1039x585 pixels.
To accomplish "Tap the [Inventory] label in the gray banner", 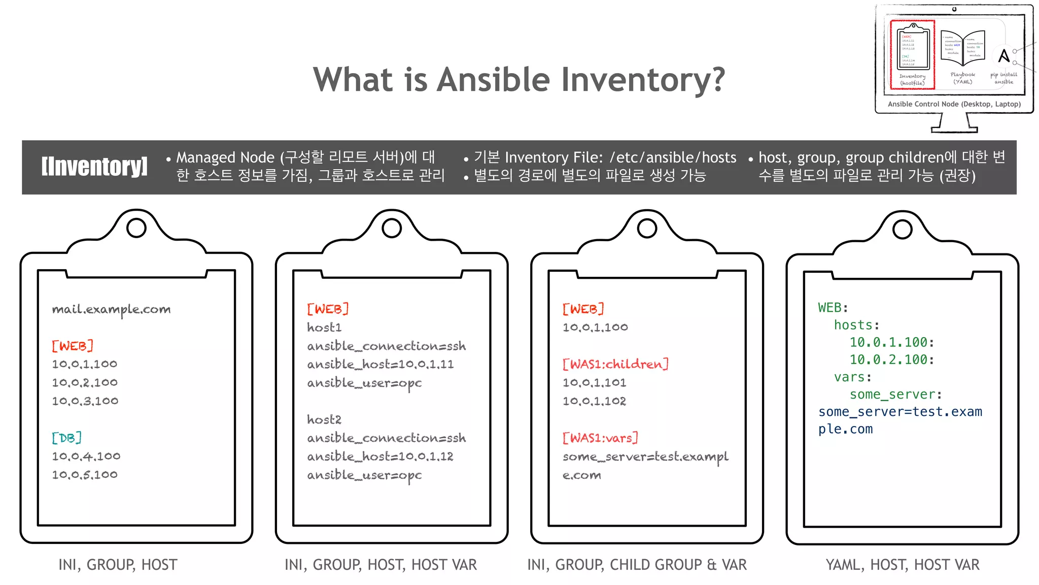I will pos(94,167).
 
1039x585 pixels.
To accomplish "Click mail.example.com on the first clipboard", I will pos(111,309).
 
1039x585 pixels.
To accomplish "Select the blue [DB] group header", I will pos(66,438).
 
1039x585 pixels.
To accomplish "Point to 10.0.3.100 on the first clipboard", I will pos(85,401).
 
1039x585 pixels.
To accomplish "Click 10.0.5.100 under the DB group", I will pos(85,475).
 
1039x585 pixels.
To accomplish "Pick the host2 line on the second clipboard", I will pos(324,419).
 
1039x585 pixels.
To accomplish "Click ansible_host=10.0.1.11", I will pos(380,364).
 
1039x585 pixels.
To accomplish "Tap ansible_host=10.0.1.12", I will pos(380,457).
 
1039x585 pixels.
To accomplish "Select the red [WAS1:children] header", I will pos(615,364).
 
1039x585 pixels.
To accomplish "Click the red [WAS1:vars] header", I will pos(600,438).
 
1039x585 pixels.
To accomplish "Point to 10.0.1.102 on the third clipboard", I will pos(594,401).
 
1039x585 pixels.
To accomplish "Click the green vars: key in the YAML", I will pos(852,377).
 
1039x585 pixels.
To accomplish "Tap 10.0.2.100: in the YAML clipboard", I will pos(892,360).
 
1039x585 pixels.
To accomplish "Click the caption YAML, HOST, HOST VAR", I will pos(903,565).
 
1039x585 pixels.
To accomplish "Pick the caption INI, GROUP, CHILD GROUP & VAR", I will pos(637,565).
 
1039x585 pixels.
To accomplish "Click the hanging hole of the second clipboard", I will pos(392,229).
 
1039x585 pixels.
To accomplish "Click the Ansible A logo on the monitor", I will pos(1003,55).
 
